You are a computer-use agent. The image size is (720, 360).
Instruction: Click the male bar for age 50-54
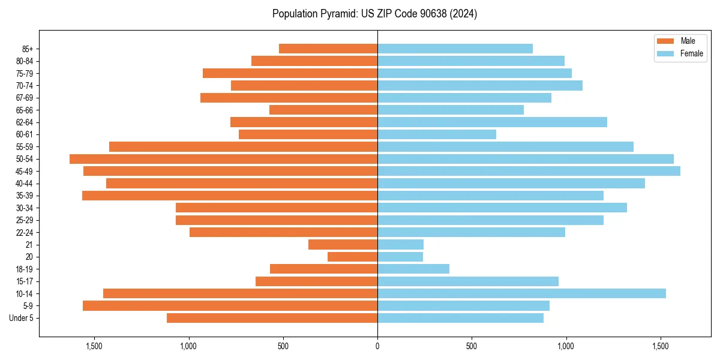[223, 159]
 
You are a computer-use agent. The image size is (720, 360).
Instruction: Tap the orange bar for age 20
[352, 257]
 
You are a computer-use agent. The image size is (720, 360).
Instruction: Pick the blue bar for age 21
[400, 245]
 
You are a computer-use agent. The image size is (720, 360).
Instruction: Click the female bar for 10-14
[521, 293]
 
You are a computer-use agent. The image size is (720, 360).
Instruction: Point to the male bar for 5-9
[230, 306]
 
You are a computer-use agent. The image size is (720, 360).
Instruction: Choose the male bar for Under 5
[272, 318]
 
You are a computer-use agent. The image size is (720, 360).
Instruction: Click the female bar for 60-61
[437, 134]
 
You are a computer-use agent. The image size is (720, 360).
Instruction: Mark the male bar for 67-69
[289, 98]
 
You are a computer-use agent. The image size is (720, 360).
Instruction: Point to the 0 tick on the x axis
[377, 346]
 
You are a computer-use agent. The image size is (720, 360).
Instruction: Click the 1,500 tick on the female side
[660, 346]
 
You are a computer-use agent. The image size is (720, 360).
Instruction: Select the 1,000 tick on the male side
[188, 346]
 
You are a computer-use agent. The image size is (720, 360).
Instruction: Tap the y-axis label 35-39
[25, 196]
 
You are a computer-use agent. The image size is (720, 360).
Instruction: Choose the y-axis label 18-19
[25, 269]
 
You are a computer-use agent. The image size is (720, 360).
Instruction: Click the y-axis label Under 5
[22, 318]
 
